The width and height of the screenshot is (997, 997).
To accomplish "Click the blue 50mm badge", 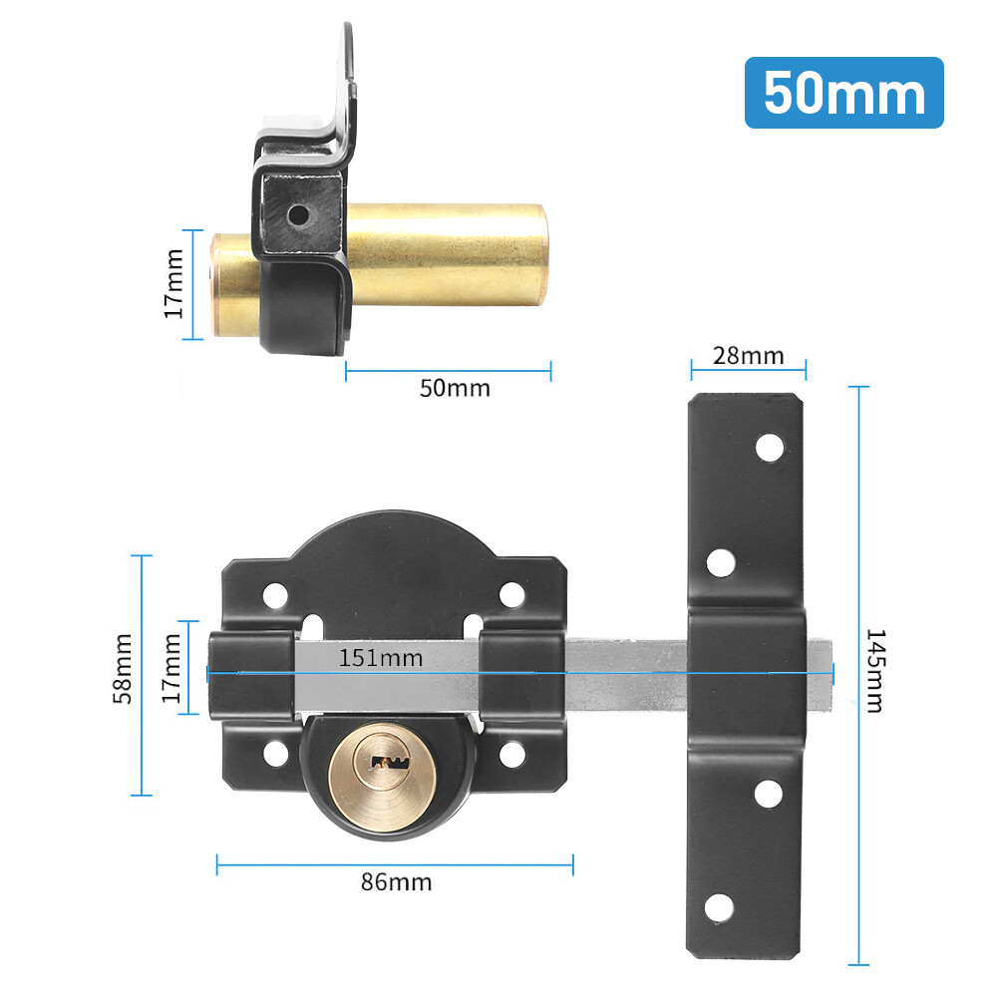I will (x=843, y=93).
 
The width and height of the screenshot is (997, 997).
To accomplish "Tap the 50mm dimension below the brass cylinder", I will (x=455, y=388).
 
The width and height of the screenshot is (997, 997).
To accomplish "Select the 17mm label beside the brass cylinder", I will (x=174, y=284).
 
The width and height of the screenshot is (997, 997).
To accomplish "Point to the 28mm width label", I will (x=749, y=356).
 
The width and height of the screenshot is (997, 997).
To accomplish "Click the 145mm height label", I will (x=874, y=670).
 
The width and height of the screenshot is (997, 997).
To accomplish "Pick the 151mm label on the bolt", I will (x=380, y=658).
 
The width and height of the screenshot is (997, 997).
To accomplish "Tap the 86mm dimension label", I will (x=397, y=881).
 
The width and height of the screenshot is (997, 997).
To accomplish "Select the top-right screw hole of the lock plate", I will (x=511, y=595).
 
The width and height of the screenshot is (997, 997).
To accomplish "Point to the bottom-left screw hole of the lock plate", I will (x=273, y=756).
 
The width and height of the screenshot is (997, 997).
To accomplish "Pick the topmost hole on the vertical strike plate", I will (x=769, y=448).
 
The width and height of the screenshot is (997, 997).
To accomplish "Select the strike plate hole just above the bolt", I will (x=720, y=563).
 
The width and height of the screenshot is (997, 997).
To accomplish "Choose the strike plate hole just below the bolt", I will (x=769, y=794).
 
